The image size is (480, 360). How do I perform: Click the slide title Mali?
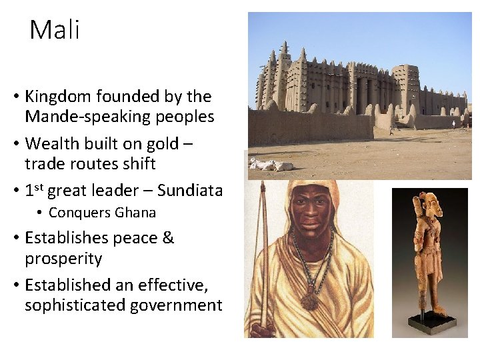tap(54, 30)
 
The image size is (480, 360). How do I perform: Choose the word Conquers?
tap(79, 213)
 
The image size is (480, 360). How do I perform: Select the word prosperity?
tap(63, 259)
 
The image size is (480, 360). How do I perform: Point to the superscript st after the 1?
tap(39, 186)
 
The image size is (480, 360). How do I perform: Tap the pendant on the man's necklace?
tap(309, 301)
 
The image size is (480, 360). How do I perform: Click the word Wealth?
tap(52, 143)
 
